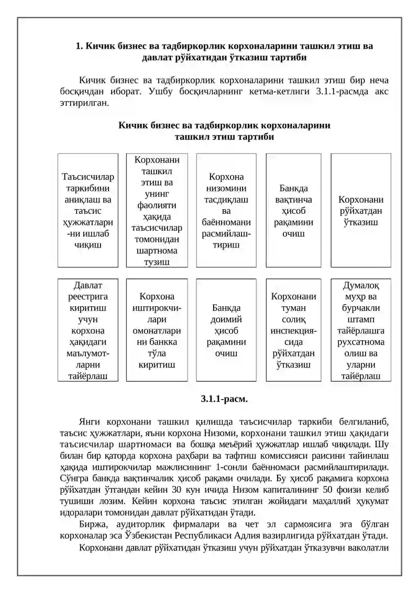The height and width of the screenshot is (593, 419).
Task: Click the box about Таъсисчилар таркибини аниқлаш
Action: tap(87, 210)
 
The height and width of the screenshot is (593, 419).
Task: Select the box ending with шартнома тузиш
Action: tap(157, 210)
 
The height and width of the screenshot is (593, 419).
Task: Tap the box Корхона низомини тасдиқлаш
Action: tap(226, 210)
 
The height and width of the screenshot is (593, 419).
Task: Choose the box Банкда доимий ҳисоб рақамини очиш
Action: tap(226, 329)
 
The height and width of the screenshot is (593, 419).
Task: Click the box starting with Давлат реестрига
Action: tap(87, 329)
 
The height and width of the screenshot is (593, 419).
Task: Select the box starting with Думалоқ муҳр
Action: tap(360, 329)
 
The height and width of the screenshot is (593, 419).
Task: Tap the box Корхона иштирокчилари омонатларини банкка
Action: tap(157, 329)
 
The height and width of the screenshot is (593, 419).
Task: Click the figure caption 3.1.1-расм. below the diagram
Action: tap(224, 399)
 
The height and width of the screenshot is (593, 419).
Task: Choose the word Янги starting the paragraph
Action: tap(90, 422)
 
